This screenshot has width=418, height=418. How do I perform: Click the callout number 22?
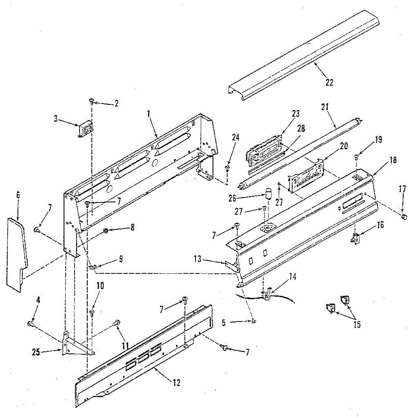point(329,83)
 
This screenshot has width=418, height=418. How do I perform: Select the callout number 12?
point(177,382)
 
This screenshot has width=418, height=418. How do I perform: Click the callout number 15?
point(357,325)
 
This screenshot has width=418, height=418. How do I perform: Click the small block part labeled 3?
point(85,130)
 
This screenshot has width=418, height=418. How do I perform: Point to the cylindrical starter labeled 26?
point(269,194)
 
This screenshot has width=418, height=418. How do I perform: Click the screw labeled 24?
point(227,169)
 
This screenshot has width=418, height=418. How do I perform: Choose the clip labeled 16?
point(355,238)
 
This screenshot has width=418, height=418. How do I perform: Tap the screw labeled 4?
point(30,324)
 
